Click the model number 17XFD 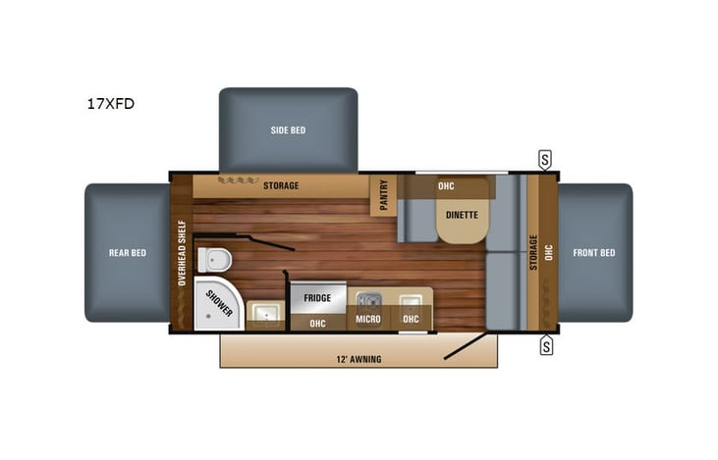(108, 101)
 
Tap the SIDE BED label (287, 130)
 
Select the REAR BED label (127, 253)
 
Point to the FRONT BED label (593, 253)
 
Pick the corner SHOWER (217, 305)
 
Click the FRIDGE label (316, 297)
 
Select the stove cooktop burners (369, 299)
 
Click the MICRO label (368, 320)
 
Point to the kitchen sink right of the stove (411, 299)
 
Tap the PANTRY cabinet (382, 195)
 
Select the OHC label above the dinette (445, 185)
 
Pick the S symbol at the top (544, 158)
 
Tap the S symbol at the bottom (544, 345)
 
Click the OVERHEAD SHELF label (182, 252)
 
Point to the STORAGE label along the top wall (280, 185)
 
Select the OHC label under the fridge (317, 322)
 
